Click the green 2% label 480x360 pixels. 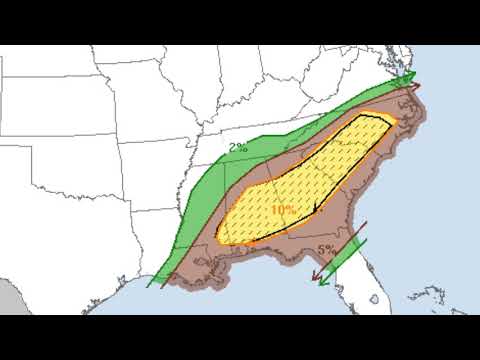click(x=238, y=148)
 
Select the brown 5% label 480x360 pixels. click(x=326, y=248)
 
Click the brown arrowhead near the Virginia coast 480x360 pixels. click(x=416, y=87)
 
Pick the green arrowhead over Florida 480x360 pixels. click(x=323, y=281)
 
